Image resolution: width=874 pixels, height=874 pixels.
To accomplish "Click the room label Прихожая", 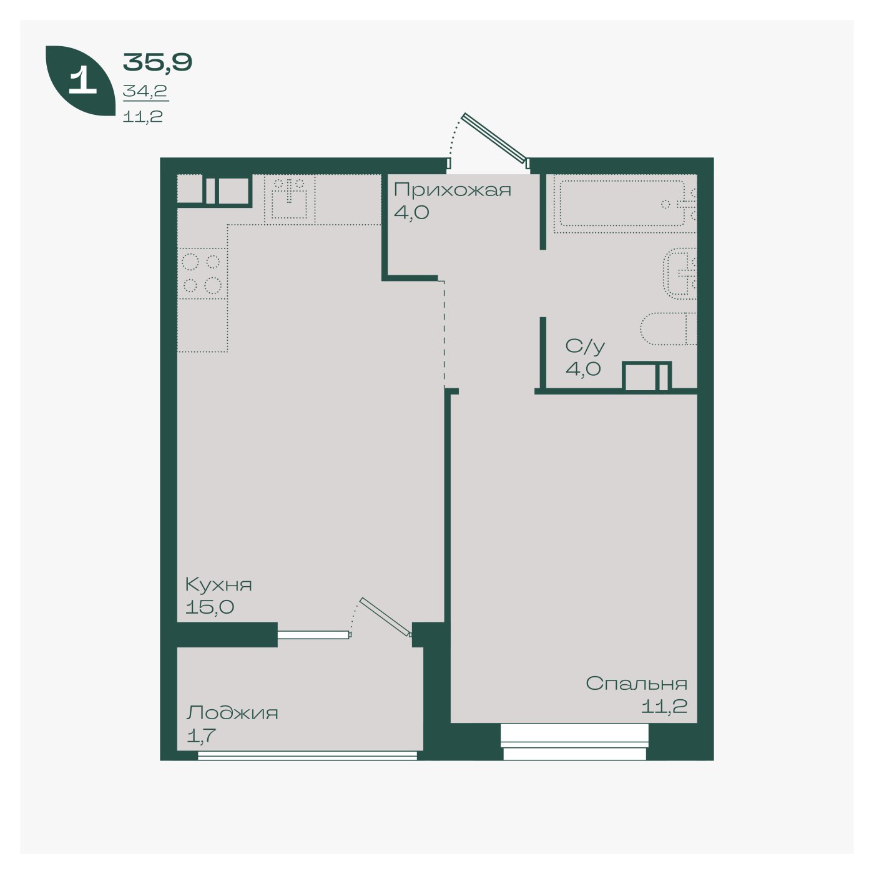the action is [x=452, y=190].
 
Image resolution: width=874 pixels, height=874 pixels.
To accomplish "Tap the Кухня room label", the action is [x=218, y=584].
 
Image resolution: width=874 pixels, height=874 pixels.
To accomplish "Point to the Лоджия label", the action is [x=232, y=713].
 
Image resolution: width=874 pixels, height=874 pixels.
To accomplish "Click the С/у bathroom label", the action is [x=584, y=346].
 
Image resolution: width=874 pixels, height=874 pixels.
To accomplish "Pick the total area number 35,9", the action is [x=158, y=62].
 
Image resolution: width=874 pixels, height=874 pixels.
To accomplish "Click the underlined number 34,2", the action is [x=145, y=91].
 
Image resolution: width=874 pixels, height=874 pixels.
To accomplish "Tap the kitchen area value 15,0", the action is [x=210, y=607].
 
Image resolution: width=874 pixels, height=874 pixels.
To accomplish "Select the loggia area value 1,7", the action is [x=200, y=735].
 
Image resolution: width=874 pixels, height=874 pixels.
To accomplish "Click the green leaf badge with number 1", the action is [x=81, y=81].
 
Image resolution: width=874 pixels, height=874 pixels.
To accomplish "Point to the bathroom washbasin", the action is [x=680, y=273].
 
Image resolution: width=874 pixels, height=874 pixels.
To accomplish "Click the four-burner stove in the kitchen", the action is [x=202, y=273].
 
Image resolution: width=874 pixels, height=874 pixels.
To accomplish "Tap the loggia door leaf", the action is [x=386, y=617].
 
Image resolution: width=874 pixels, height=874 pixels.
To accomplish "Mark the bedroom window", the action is [x=574, y=742].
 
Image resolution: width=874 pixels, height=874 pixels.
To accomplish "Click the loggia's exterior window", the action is [x=308, y=755].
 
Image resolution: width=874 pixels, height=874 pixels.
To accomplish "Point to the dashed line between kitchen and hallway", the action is [x=444, y=334].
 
